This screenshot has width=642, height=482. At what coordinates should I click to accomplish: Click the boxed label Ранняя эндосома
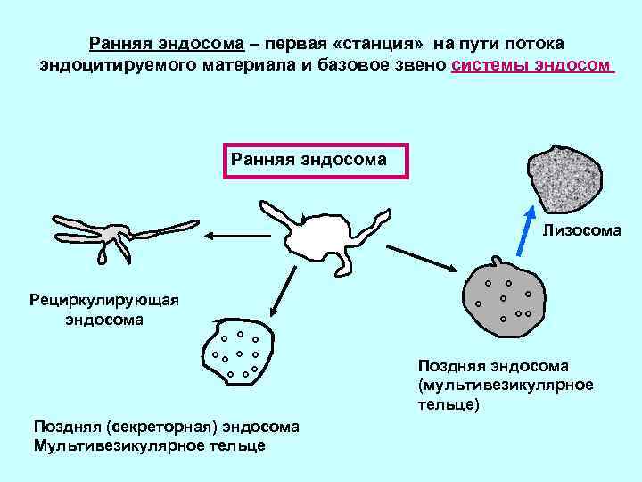click(x=309, y=161)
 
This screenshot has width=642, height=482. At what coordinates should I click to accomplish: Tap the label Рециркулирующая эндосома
click(x=103, y=309)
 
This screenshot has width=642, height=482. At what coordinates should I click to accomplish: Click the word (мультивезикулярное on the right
click(x=505, y=385)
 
